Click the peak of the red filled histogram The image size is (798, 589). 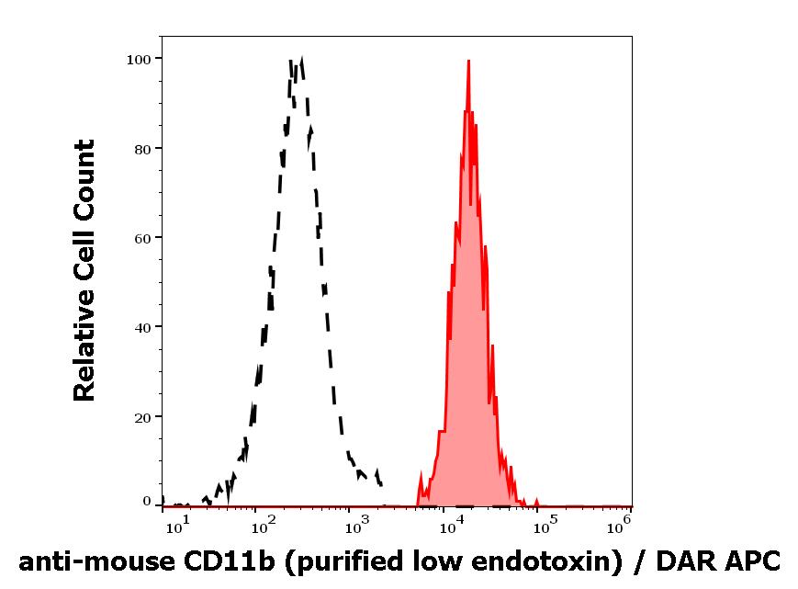coord(468,62)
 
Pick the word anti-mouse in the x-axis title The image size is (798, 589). coord(84,560)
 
